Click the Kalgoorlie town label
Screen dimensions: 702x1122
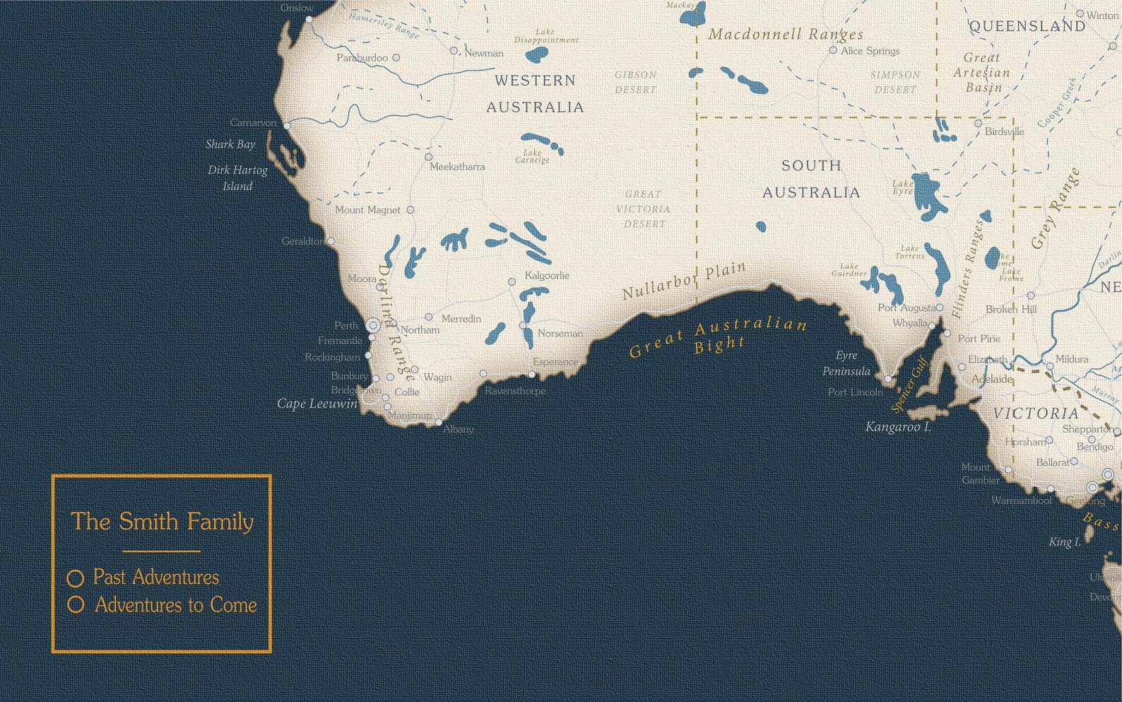pyautogui.click(x=546, y=276)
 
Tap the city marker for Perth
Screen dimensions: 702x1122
pyautogui.click(x=373, y=325)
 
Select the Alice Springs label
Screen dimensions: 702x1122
pyautogui.click(x=870, y=51)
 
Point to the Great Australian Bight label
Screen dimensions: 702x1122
pyautogui.click(x=718, y=337)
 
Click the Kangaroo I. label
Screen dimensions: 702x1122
pyautogui.click(x=898, y=427)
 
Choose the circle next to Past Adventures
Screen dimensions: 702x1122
pyautogui.click(x=76, y=578)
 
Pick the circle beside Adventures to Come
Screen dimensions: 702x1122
pyautogui.click(x=76, y=605)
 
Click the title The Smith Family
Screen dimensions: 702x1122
pyautogui.click(x=162, y=522)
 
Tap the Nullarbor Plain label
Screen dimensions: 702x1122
pyautogui.click(x=683, y=281)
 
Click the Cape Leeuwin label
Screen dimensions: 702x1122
pyautogui.click(x=317, y=404)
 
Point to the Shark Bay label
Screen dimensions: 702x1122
pyautogui.click(x=230, y=144)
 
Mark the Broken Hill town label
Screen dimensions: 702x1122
pyautogui.click(x=1011, y=309)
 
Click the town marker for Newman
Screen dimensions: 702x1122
pyautogui.click(x=454, y=51)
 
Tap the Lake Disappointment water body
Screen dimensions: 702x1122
pyautogui.click(x=537, y=54)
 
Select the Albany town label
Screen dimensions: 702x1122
pyautogui.click(x=458, y=429)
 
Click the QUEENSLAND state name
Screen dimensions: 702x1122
pyautogui.click(x=1027, y=26)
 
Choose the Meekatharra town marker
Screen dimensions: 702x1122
pyautogui.click(x=428, y=157)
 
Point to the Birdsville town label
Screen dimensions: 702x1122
pyautogui.click(x=1004, y=131)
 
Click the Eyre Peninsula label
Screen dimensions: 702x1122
pyautogui.click(x=846, y=363)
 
